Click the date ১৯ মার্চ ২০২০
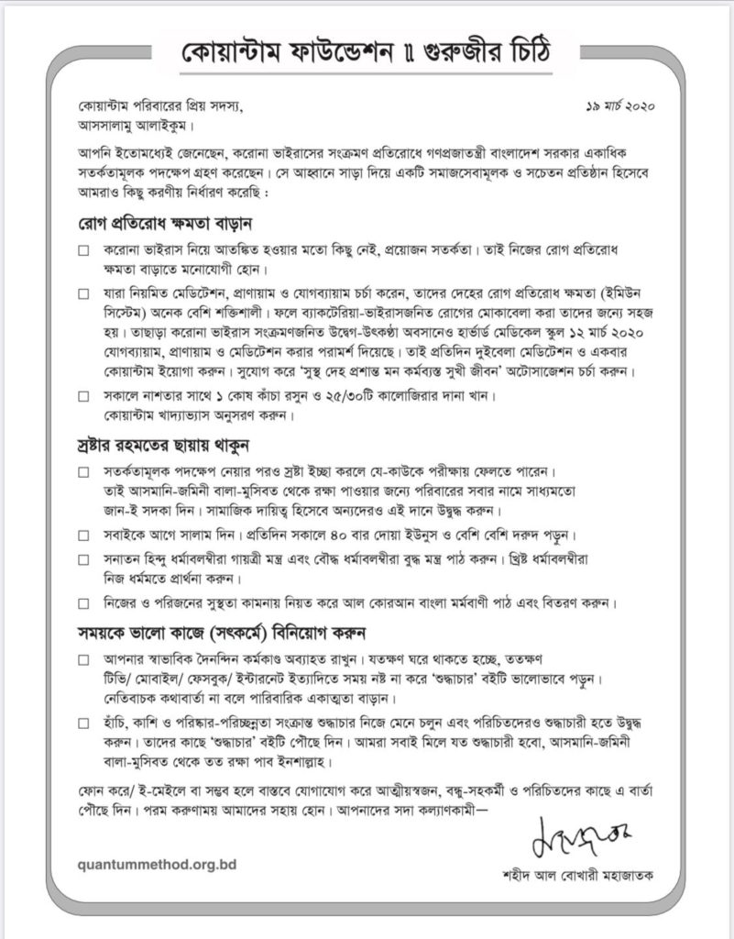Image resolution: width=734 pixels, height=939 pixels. click(624, 107)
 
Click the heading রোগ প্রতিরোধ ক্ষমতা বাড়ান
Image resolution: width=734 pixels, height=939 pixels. click(164, 223)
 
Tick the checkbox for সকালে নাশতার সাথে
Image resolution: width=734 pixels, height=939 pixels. click(83, 397)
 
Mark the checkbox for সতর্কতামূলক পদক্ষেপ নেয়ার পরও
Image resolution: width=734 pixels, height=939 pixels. click(83, 473)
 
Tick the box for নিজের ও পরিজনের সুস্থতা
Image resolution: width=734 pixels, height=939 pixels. click(83, 604)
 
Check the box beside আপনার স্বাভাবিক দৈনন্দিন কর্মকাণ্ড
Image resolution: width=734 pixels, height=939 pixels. click(83, 659)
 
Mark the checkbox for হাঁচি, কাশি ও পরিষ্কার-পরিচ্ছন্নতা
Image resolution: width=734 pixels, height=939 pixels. click(83, 722)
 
